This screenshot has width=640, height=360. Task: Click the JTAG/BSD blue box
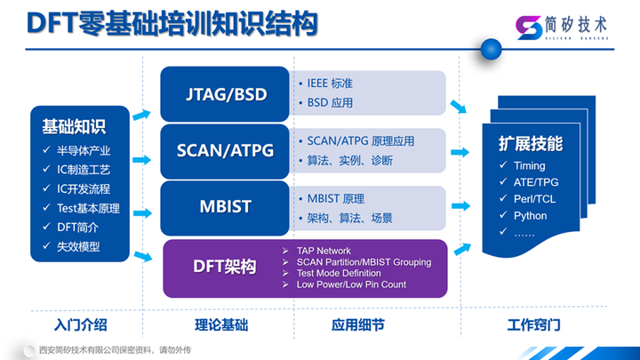pyautogui.click(x=225, y=94)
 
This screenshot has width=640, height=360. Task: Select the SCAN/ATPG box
pyautogui.click(x=225, y=149)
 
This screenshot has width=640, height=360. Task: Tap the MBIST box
pyautogui.click(x=225, y=206)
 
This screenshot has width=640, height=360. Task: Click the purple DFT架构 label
pyautogui.click(x=225, y=267)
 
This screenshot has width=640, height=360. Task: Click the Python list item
pyautogui.click(x=530, y=215)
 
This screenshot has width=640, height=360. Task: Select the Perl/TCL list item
pyautogui.click(x=535, y=199)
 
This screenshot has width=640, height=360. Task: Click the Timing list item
pyautogui.click(x=529, y=165)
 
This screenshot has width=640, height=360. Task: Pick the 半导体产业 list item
pyautogui.click(x=83, y=150)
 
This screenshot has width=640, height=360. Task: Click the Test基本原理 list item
pyautogui.click(x=87, y=209)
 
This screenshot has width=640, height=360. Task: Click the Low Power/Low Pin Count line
pyautogui.click(x=351, y=284)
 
